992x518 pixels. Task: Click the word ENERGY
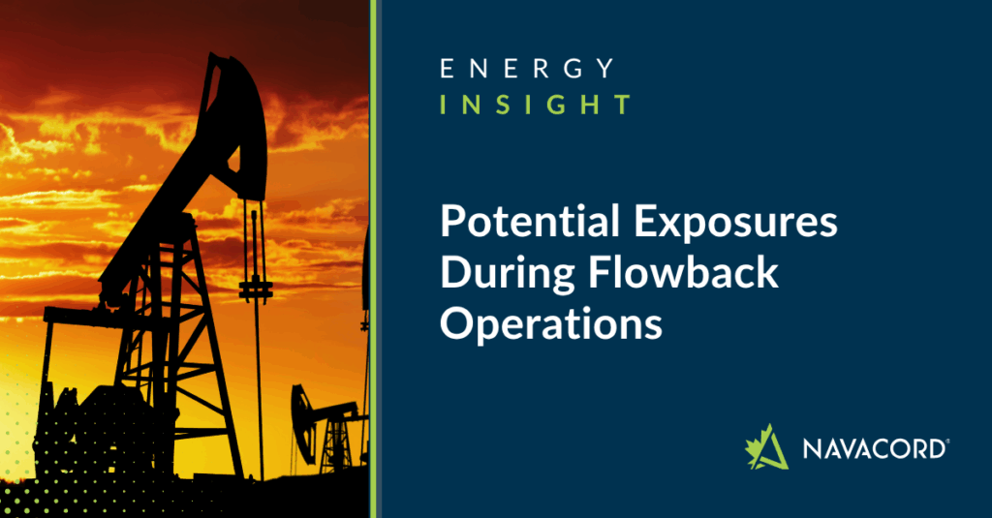527,69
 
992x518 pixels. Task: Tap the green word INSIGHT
535,105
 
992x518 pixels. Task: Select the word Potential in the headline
530,222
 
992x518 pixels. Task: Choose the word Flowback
683,271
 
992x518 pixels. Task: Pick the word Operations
551,323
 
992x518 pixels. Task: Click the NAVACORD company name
874,448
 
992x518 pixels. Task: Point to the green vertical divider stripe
373,259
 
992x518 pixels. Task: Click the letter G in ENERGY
573,69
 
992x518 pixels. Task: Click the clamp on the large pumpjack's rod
256,290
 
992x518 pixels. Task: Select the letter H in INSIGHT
591,105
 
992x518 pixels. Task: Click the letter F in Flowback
599,271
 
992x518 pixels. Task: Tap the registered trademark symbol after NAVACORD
946,441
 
